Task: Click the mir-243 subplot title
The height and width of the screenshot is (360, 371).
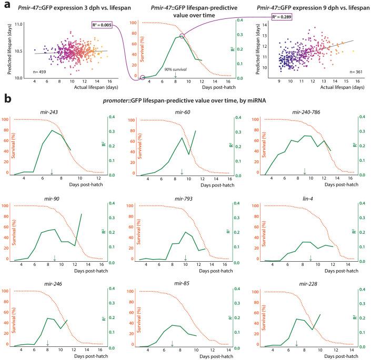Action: point(54,112)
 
